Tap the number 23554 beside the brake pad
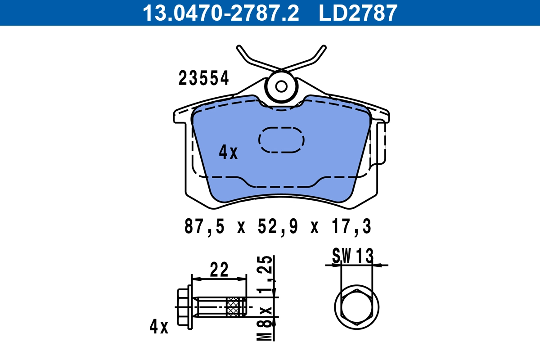click(204, 78)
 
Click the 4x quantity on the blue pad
click(228, 153)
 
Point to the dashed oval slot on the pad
click(281, 139)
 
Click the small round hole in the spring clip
click(281, 86)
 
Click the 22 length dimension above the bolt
click(219, 270)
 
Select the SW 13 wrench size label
click(353, 256)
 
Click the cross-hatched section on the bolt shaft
click(233, 307)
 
